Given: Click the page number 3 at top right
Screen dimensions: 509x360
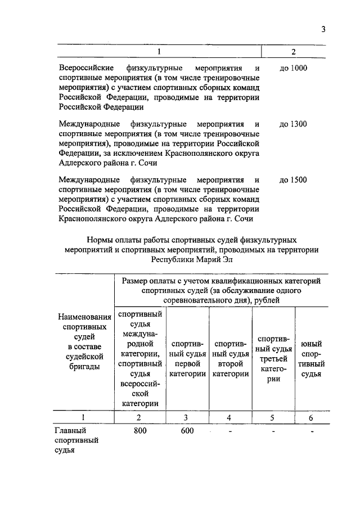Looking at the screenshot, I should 324,29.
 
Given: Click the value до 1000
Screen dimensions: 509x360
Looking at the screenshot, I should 293,68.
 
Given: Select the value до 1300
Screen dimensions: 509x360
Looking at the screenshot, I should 293,124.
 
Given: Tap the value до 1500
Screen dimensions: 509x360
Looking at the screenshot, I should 293,180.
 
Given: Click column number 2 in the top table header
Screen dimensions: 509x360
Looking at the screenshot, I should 293,52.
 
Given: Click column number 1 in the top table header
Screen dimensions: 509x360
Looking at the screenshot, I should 159,52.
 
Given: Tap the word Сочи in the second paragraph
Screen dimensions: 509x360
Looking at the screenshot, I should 145,162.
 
